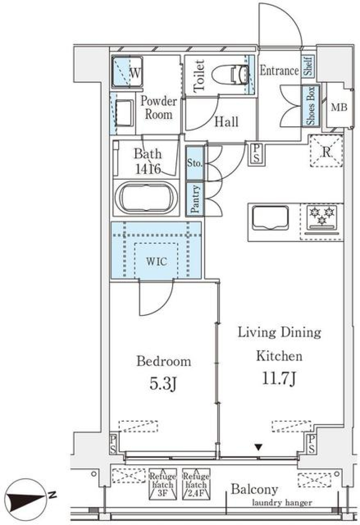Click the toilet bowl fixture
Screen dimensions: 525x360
(229, 73)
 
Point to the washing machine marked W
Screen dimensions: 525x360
(127, 73)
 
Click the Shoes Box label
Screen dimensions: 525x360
(311, 106)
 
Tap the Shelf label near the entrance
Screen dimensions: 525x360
(309, 67)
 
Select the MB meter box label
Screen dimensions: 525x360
(339, 108)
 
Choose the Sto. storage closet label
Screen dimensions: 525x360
(195, 163)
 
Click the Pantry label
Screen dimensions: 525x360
(195, 199)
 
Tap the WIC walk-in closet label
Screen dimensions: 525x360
(156, 261)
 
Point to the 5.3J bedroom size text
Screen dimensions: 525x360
(163, 383)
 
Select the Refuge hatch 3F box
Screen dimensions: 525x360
(163, 484)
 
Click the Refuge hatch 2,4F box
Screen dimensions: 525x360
(196, 484)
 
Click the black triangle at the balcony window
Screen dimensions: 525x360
(258, 447)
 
